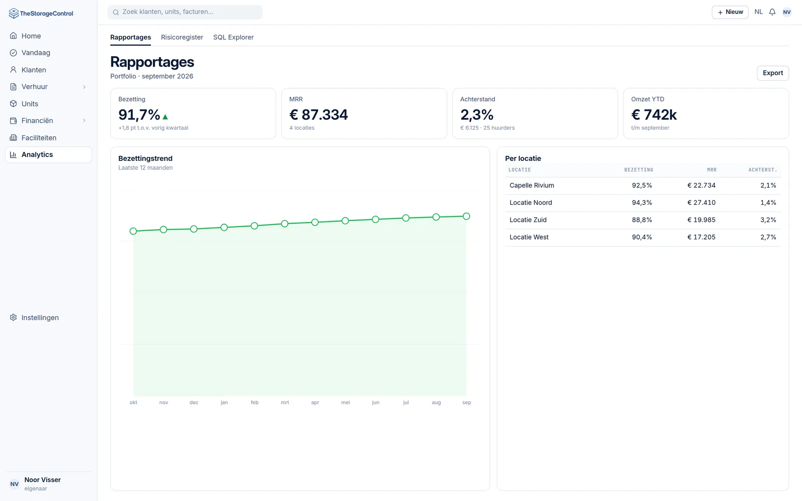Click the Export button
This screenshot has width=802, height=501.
pos(772,73)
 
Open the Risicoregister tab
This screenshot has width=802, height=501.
pos(182,37)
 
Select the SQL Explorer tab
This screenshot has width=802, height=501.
pos(234,37)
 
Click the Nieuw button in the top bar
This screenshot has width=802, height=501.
pos(730,12)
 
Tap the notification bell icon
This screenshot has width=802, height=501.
pos(772,12)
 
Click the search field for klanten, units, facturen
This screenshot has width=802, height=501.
pos(185,12)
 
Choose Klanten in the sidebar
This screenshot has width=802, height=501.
pos(34,70)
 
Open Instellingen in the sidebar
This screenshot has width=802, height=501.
pos(40,318)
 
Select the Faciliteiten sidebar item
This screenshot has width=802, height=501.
pos(39,138)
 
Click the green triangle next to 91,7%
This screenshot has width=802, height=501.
pos(165,117)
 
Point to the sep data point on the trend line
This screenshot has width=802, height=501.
pos(466,216)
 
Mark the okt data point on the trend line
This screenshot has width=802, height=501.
pos(133,231)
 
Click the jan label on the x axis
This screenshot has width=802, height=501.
pos(224,402)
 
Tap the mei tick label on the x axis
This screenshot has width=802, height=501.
pos(345,402)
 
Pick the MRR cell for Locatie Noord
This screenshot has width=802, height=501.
pos(701,202)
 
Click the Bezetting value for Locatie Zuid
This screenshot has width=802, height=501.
pos(642,220)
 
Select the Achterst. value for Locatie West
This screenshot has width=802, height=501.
pos(768,237)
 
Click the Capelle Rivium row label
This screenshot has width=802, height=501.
pos(532,185)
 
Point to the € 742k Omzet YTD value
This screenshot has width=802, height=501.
pos(654,115)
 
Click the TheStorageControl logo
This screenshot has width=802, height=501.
pos(41,13)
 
